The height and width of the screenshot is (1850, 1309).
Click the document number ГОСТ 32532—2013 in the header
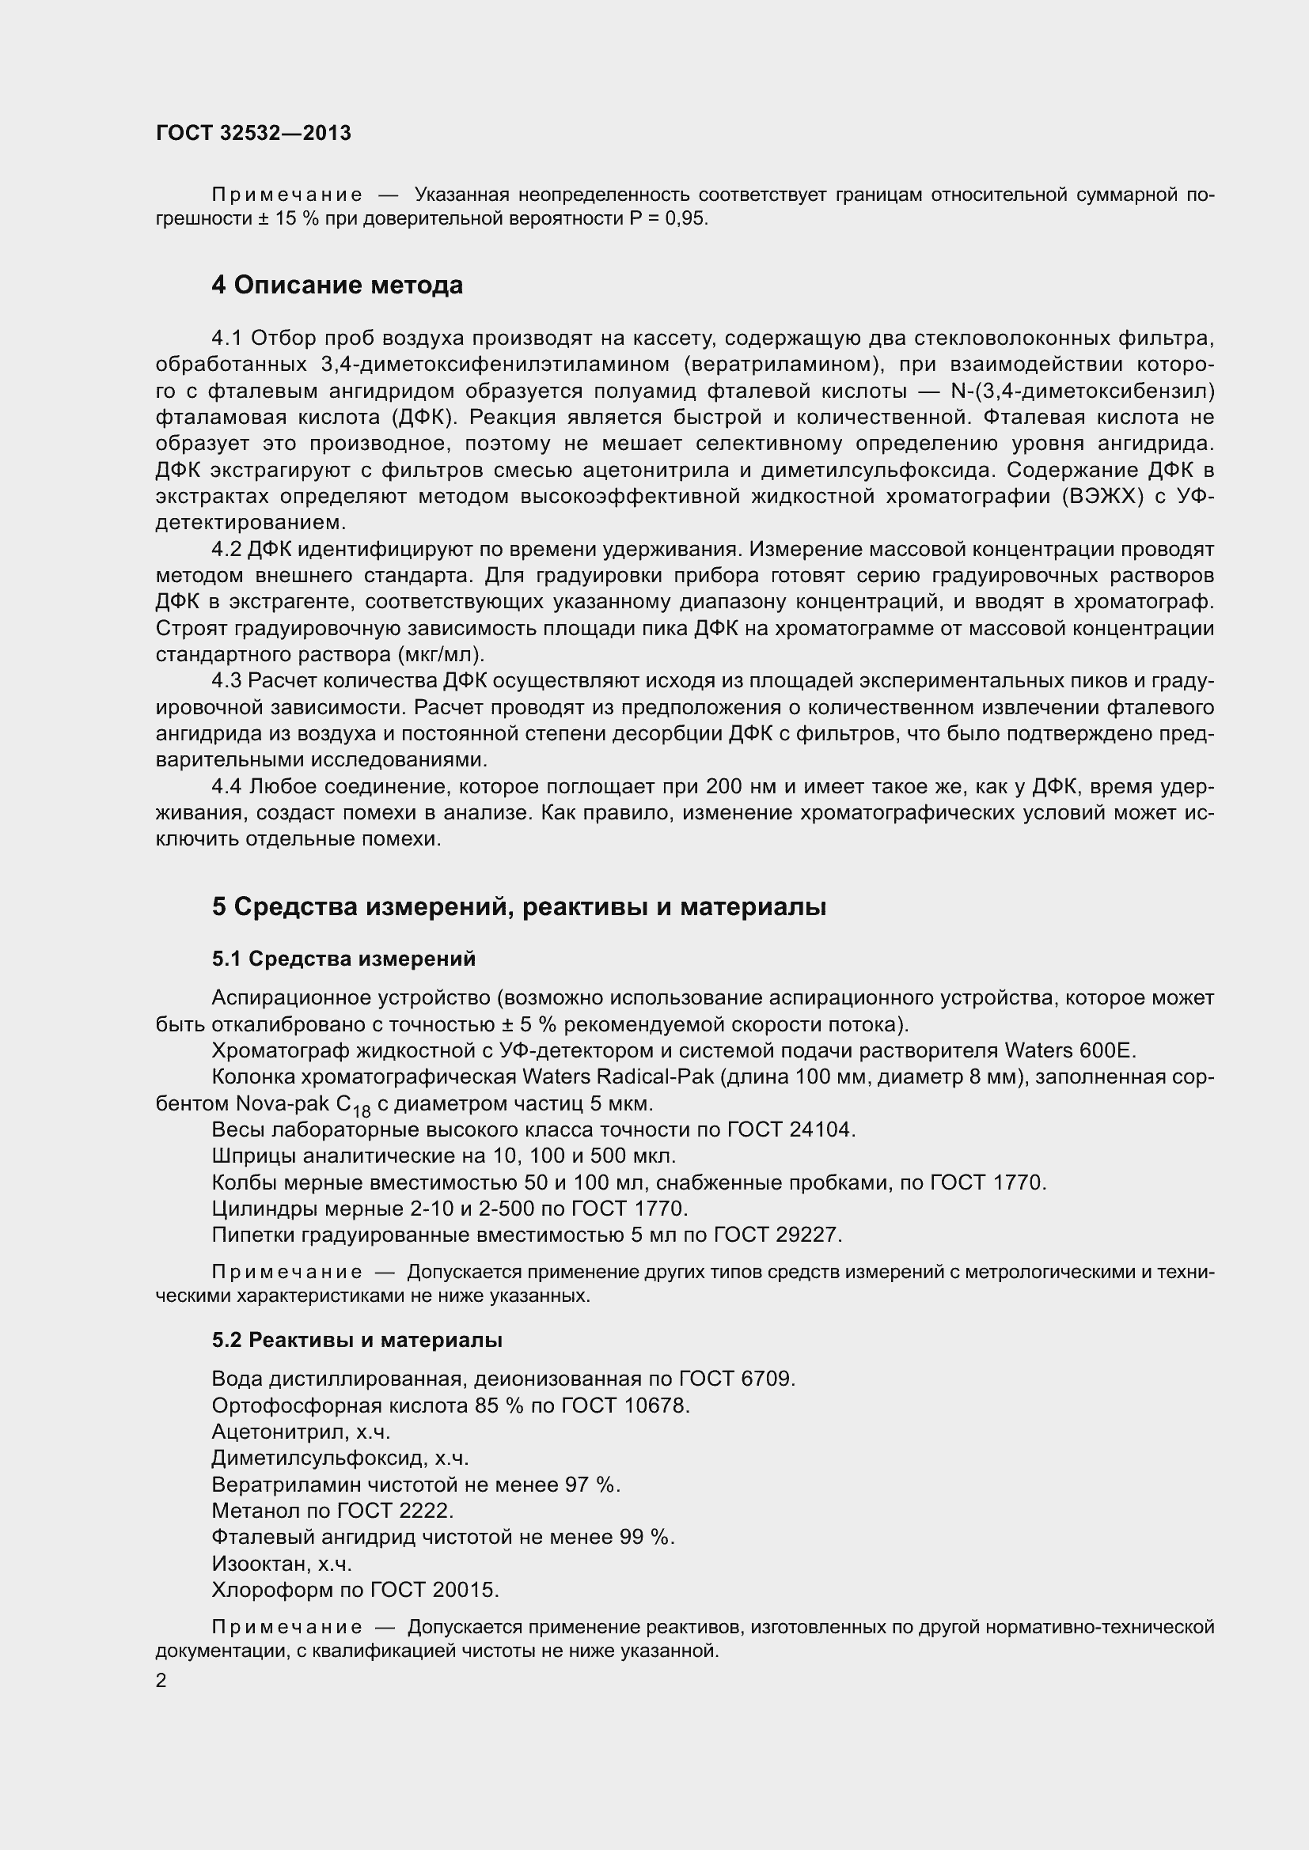[x=253, y=134]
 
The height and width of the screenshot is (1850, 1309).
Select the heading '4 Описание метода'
[x=337, y=286]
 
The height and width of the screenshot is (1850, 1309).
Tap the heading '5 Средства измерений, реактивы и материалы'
[x=519, y=907]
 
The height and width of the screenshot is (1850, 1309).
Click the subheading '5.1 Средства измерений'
[x=343, y=959]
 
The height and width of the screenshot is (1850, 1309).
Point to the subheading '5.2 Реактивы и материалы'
[x=357, y=1340]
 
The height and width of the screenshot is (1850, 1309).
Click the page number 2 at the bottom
[x=161, y=1681]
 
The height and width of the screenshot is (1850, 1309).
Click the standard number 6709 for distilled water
[x=768, y=1379]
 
